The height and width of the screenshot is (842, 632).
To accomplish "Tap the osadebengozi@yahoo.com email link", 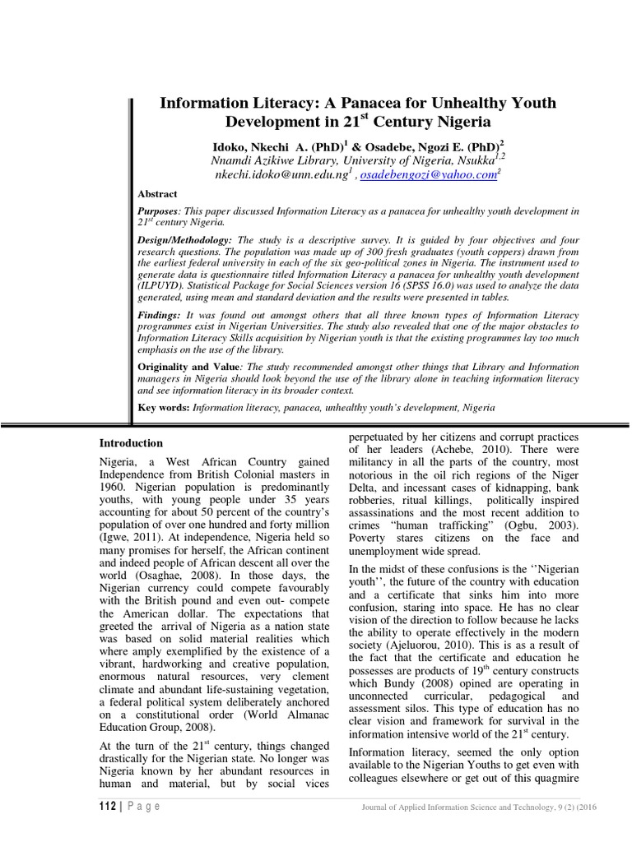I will [x=427, y=175].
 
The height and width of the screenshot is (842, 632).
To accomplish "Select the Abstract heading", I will [x=156, y=194].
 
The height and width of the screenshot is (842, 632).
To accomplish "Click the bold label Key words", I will [x=162, y=407].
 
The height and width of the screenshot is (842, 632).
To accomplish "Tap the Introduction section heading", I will [x=131, y=443].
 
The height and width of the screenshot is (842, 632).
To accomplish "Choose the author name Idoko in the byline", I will [x=234, y=144].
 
